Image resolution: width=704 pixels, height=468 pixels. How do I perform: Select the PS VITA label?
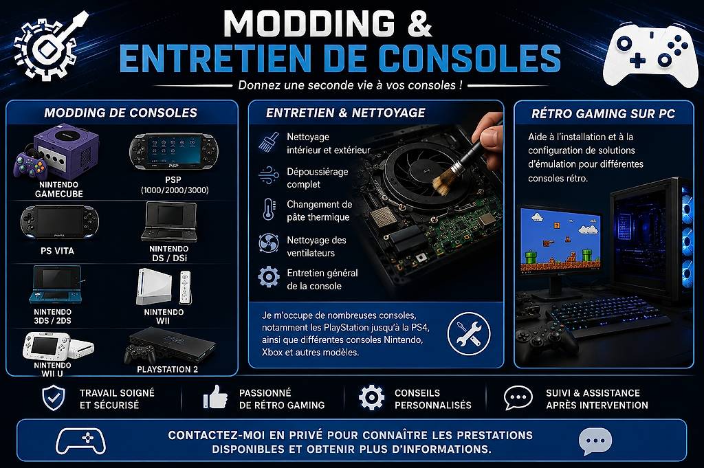coord(58,251)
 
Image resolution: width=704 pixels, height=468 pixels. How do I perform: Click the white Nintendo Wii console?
coord(155,287)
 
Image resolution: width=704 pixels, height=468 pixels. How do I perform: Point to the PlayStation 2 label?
coord(168,370)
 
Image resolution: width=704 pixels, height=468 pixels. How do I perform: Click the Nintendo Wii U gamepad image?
coord(46,347)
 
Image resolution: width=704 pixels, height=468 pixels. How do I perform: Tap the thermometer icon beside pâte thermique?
coord(269,210)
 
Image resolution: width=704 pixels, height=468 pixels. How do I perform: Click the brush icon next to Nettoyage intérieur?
coord(269,142)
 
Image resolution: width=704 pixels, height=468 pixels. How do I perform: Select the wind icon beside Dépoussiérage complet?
coord(269,175)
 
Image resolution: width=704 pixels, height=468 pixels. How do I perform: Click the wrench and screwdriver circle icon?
coord(469,334)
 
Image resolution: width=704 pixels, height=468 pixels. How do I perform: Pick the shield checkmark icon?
coord(54,399)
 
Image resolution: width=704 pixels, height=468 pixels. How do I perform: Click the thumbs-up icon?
coord(215,397)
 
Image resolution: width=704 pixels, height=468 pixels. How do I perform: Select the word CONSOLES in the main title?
coord(470,58)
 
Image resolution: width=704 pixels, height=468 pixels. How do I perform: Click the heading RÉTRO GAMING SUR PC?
coord(603,114)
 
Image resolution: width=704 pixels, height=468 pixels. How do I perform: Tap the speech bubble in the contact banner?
coord(595,441)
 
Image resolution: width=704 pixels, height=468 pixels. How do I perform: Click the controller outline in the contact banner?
coord(81,441)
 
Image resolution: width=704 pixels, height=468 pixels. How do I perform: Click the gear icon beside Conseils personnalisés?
coord(372,397)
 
